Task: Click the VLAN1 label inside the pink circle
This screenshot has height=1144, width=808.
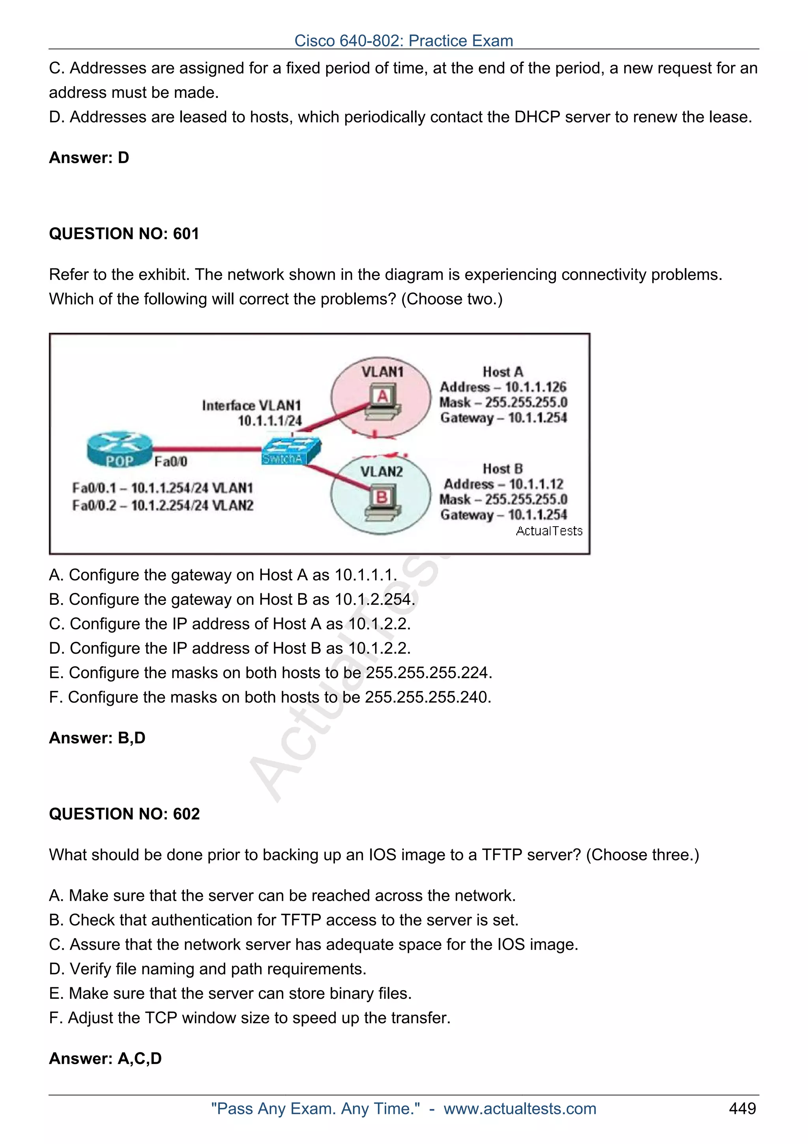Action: tap(382, 372)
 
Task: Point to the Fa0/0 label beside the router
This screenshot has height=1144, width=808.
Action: tap(171, 461)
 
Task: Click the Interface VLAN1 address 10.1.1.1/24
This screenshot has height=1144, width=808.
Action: tap(269, 420)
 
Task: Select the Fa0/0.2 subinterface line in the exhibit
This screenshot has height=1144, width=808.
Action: tap(163, 505)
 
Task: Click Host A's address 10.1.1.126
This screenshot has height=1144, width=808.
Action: tap(535, 387)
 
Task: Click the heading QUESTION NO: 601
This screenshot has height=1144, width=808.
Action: tap(124, 233)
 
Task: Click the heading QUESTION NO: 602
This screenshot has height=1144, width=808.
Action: tap(124, 814)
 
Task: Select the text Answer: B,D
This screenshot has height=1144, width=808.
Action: tap(97, 737)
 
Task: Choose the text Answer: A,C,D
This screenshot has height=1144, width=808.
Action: tap(105, 1058)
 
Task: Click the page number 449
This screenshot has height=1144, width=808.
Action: tap(742, 1108)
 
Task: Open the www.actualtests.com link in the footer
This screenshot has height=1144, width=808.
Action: tap(520, 1108)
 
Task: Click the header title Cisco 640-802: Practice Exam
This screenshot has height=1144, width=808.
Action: tap(403, 40)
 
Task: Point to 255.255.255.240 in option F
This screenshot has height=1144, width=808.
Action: tap(427, 697)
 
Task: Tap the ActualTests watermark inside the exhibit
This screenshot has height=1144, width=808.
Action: tap(549, 531)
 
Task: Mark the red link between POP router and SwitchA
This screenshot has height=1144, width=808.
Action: tap(207, 449)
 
